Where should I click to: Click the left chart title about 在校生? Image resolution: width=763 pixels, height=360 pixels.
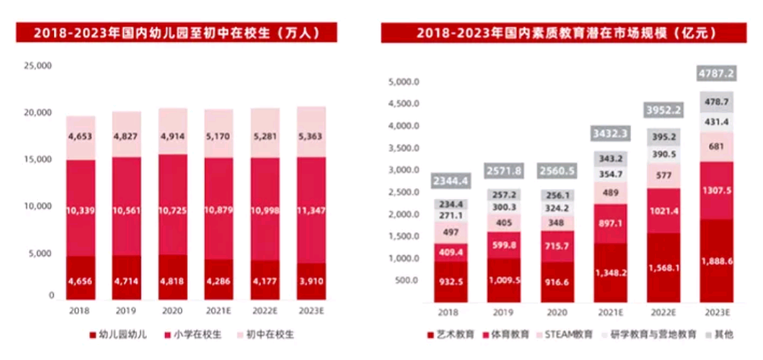click(176, 33)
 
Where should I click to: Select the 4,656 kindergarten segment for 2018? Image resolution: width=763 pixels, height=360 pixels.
click(80, 281)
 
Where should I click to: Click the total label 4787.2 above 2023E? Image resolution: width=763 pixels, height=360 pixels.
click(717, 74)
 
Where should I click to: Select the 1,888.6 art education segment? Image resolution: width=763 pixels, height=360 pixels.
click(717, 281)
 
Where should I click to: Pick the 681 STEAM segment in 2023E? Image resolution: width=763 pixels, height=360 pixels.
click(717, 147)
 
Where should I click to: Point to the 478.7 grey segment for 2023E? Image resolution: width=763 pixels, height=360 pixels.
click(717, 102)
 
